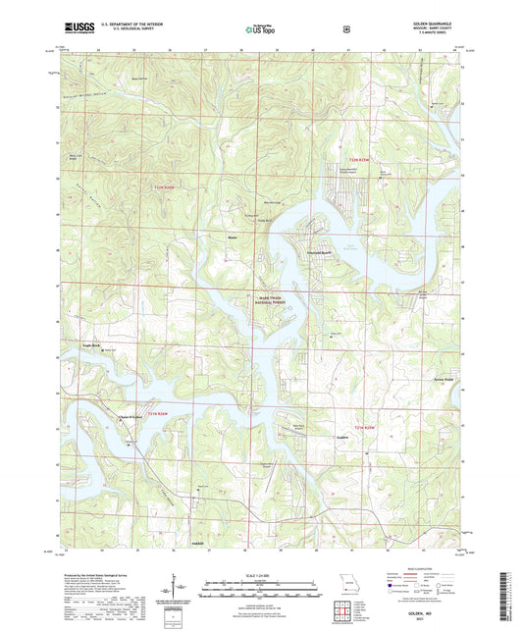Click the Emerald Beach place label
[x=314, y=255]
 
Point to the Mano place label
[x=233, y=236]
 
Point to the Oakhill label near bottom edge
[x=196, y=542]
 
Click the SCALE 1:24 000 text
[x=261, y=575]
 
